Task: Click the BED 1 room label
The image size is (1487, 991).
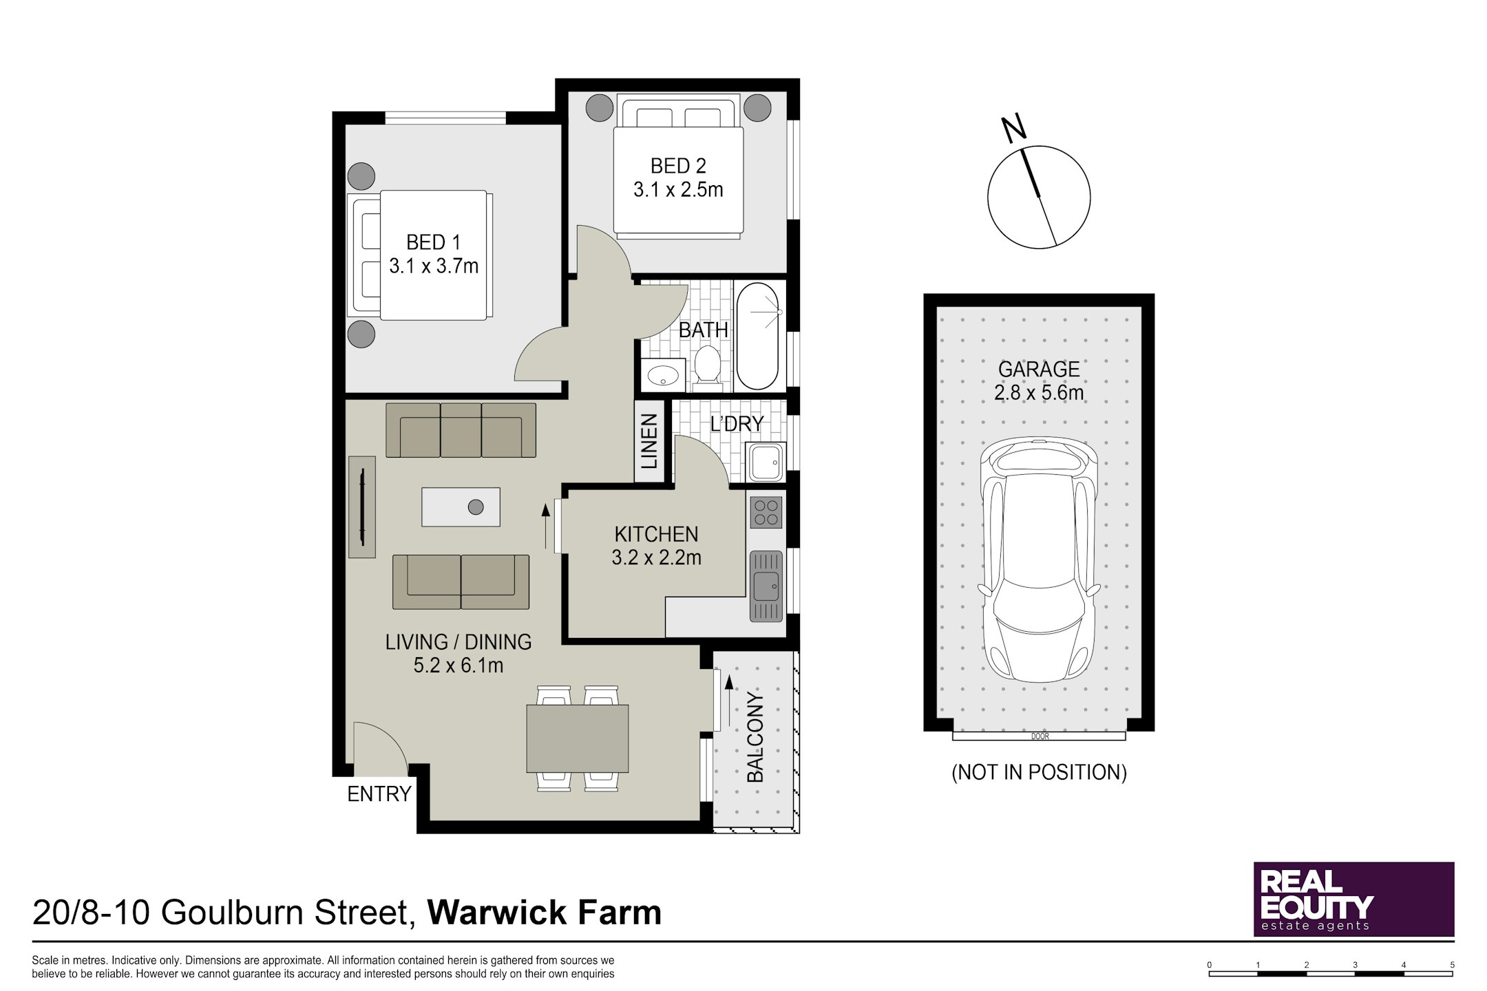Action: click(433, 242)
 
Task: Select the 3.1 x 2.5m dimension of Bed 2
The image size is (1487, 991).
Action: click(678, 190)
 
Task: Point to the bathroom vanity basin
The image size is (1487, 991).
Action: click(663, 375)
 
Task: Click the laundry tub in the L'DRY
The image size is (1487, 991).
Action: click(765, 462)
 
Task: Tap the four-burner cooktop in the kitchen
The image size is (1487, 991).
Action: click(766, 512)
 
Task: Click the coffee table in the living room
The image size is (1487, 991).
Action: click(461, 507)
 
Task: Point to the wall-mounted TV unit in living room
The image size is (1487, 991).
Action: click(362, 507)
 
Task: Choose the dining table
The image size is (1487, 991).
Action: click(577, 738)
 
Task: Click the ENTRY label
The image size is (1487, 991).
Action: click(379, 794)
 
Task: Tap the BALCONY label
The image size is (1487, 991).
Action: click(755, 738)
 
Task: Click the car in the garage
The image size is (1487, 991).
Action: click(1039, 561)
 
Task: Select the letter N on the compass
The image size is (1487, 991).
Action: click(1013, 129)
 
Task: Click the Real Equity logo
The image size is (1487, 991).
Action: click(1353, 899)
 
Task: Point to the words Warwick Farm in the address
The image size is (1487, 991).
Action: click(545, 913)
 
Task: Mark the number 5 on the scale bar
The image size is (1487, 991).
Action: click(1452, 965)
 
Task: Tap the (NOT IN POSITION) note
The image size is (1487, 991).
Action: click(1039, 772)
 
